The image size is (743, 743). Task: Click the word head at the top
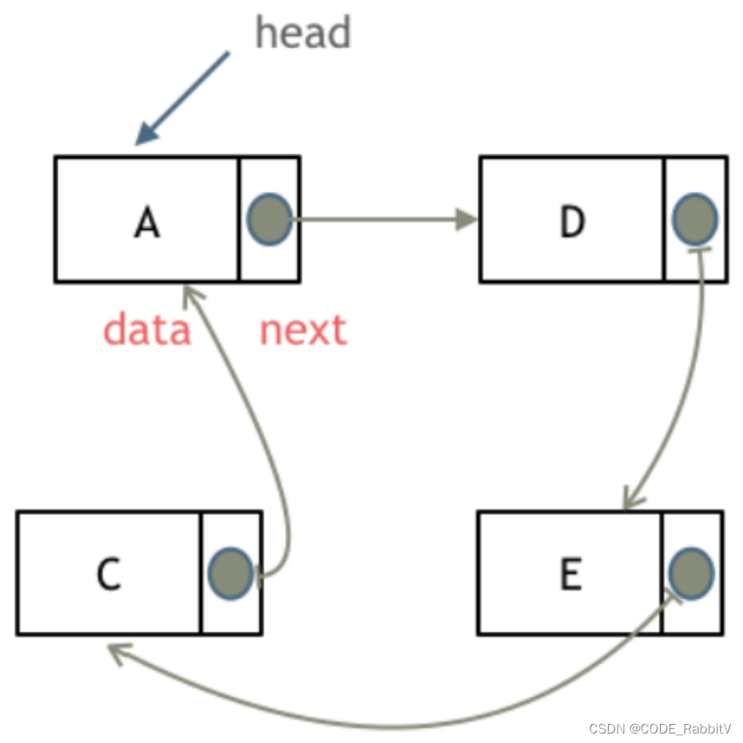(303, 33)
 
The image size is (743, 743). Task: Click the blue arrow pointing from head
(183, 98)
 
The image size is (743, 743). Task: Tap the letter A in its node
(147, 223)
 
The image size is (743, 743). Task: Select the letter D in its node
(572, 223)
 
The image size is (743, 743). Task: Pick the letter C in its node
(108, 575)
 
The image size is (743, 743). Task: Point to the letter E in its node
(570, 575)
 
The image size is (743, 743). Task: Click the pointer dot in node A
(269, 220)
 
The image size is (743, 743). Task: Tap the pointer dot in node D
(695, 220)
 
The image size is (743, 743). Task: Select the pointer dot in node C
(231, 572)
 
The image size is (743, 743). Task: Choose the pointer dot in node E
(691, 572)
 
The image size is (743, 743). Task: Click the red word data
(147, 330)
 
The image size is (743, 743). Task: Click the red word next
(303, 330)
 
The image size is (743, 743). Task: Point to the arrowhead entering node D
(468, 220)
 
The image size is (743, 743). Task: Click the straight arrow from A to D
(379, 220)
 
